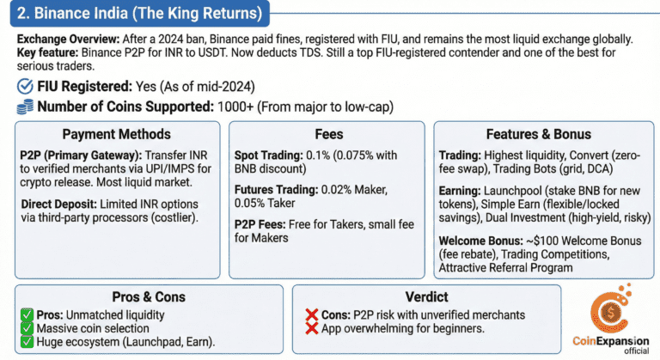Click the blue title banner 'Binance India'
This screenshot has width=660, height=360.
coord(140,13)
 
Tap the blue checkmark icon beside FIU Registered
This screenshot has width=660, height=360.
coord(25,86)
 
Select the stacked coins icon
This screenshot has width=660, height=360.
coord(25,107)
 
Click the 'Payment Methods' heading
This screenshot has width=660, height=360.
coord(117,134)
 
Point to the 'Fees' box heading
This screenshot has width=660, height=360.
coord(329,134)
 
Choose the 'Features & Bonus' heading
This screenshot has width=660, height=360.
coord(538,134)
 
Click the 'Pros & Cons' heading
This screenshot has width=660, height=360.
coord(149,296)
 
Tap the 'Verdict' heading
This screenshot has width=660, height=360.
coord(426,296)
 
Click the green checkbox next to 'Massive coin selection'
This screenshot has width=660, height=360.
coord(27,328)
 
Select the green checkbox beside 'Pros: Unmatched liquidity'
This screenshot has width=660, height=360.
coord(27,314)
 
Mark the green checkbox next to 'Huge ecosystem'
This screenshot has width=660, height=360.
coord(27,341)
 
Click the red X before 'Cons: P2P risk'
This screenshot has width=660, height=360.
coord(311,314)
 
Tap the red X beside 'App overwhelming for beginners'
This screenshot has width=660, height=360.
coord(311,328)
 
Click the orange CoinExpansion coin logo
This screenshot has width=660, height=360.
coord(611,308)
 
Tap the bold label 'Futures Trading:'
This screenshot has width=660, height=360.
coord(276,190)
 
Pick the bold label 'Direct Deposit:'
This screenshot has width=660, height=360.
coord(59,204)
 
